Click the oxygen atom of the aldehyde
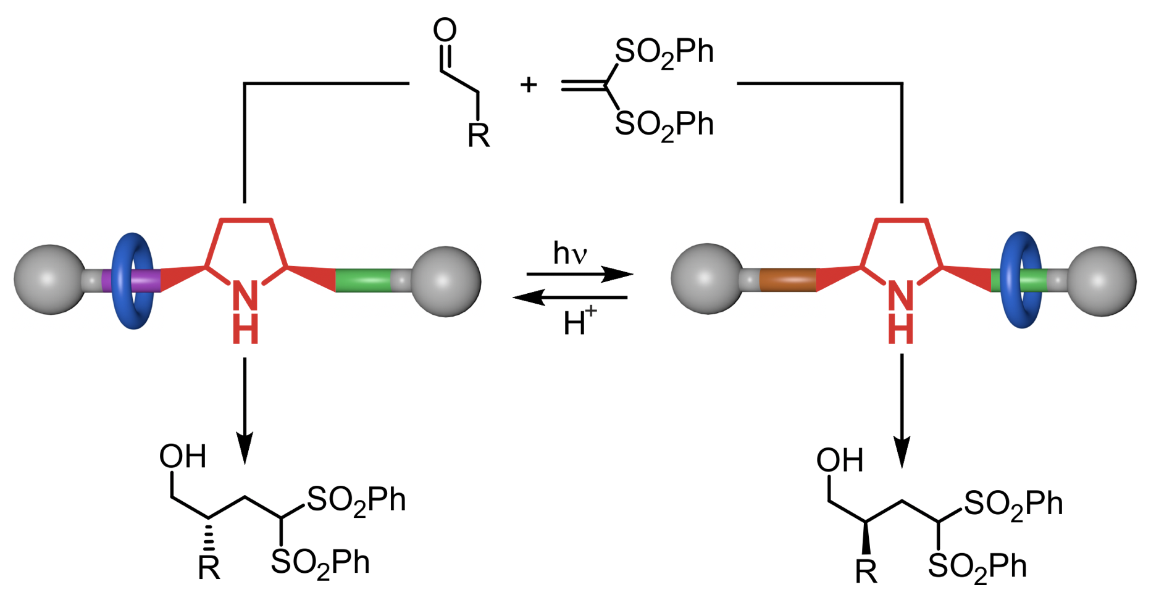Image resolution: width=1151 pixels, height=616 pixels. point(445,30)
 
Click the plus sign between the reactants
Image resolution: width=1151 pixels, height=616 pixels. point(528,85)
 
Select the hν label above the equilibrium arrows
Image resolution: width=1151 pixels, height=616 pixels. point(569,254)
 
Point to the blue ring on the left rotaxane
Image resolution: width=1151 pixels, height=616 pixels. point(132,280)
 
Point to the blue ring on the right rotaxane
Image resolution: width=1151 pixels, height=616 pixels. point(1021,280)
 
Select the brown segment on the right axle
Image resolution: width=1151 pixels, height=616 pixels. point(787,280)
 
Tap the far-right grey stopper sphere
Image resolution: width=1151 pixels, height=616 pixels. point(1102,281)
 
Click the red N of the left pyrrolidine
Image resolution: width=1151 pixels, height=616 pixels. point(245,296)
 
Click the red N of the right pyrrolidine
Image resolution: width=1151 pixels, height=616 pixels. point(900,296)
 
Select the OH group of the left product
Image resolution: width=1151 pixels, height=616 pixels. point(182,457)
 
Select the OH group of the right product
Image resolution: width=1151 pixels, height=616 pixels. point(839,460)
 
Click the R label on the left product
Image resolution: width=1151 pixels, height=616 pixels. point(209,568)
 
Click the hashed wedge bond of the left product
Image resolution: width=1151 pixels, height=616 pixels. point(209,536)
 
